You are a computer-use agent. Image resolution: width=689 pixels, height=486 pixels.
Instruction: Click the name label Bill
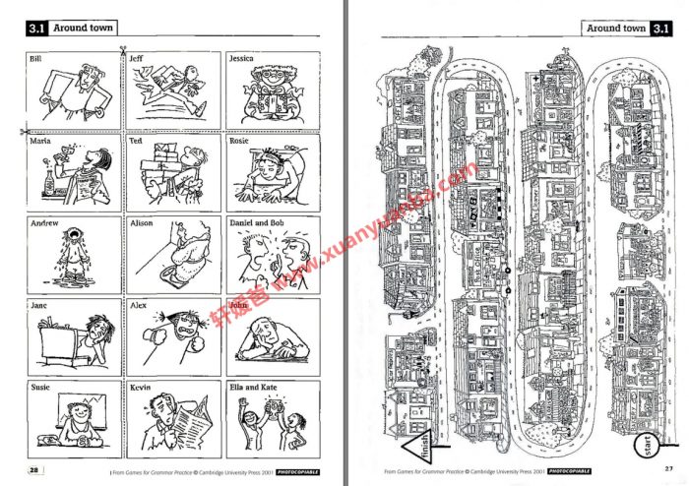pos(35,60)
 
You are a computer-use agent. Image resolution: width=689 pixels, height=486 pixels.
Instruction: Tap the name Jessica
pos(241,59)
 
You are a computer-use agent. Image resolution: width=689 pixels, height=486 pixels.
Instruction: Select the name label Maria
pos(39,141)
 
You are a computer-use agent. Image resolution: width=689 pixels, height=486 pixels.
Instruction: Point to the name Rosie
pos(239,141)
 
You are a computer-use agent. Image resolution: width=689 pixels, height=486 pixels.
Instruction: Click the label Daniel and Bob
pos(256,223)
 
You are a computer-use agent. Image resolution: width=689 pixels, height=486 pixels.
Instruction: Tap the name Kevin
pos(140,388)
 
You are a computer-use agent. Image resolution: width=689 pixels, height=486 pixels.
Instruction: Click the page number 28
pos(34,470)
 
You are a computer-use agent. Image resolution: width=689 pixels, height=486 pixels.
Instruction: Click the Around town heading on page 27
pos(617,29)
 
